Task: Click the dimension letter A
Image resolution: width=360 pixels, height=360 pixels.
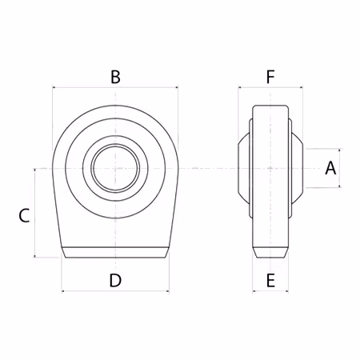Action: [330, 168]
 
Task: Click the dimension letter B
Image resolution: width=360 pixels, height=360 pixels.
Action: [115, 77]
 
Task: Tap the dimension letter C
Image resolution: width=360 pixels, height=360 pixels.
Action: [24, 215]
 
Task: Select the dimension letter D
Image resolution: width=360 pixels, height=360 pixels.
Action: [115, 280]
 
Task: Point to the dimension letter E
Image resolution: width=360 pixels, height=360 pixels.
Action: [270, 280]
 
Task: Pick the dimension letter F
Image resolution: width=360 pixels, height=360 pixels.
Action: [270, 77]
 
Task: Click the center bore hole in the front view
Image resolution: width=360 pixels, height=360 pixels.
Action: [115, 168]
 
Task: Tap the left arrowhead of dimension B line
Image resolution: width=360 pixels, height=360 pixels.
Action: [54, 87]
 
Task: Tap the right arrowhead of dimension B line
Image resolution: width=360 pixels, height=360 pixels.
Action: [177, 87]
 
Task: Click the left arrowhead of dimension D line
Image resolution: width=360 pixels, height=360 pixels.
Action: [63, 291]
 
